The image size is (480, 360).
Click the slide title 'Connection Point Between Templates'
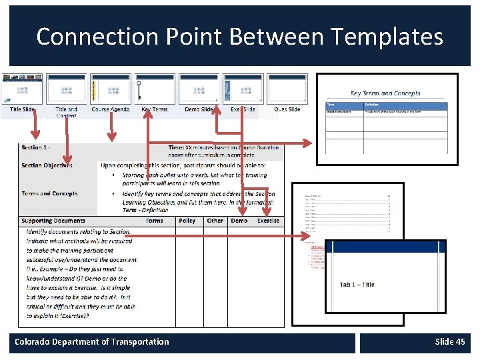pos(239,36)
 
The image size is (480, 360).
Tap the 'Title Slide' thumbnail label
pos(23,109)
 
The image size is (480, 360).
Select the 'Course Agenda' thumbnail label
pos(111,109)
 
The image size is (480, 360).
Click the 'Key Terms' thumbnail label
pos(155,109)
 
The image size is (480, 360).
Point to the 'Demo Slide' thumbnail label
pos(199,109)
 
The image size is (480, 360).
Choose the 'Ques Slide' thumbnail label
pos(287,109)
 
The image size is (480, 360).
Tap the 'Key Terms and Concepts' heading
pos(385,93)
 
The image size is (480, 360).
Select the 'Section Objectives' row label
pos(47,165)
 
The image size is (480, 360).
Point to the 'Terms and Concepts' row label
pos(49,193)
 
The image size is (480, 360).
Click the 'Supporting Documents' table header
pos(53,221)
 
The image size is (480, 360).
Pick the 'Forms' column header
pos(154,221)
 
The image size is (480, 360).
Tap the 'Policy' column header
pos(187,221)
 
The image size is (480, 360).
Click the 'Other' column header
pos(215,221)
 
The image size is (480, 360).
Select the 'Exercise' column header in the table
pos(269,221)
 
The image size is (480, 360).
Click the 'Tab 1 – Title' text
pos(357,285)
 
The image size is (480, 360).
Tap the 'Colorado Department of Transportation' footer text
pos(92,342)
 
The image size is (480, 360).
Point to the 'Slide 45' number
pos(450,342)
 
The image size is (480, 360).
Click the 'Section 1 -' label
pos(36,147)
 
